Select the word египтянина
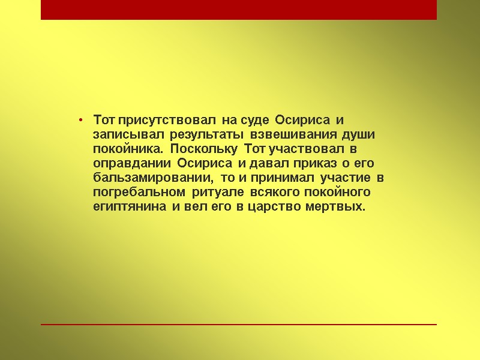tap(131, 208)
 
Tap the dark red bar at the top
tap(239, 10)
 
